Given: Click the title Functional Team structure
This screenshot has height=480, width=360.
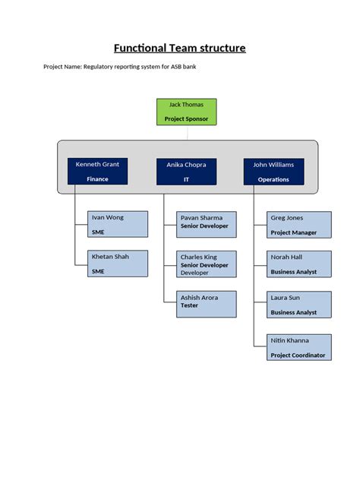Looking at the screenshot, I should (180, 49).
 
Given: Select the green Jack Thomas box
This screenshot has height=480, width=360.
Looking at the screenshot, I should (186, 112).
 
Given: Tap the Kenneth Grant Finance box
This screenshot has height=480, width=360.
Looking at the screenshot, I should (97, 171).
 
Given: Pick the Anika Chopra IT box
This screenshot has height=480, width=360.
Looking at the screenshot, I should (186, 171).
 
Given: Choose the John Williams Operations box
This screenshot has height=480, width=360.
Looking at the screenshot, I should (273, 171).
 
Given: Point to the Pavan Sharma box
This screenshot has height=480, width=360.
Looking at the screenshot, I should (207, 225).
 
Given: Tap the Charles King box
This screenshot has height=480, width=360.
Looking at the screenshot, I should (207, 264).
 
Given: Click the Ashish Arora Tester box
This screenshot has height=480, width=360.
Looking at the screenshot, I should (207, 304).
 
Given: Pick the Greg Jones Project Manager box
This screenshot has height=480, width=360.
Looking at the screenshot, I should (299, 225).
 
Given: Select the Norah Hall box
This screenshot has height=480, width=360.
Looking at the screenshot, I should (299, 264).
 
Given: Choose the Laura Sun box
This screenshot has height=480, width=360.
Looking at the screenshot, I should (299, 304).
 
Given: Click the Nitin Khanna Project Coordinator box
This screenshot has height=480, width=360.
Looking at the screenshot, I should (299, 346).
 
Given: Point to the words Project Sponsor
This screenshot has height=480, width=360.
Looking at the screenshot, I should (186, 119).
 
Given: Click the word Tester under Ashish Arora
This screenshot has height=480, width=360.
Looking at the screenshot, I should (189, 305).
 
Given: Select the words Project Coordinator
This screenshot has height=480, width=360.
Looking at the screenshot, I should (298, 355).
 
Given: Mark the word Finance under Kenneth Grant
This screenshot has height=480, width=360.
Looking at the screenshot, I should (97, 179).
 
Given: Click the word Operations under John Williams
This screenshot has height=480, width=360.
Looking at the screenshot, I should (273, 179).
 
